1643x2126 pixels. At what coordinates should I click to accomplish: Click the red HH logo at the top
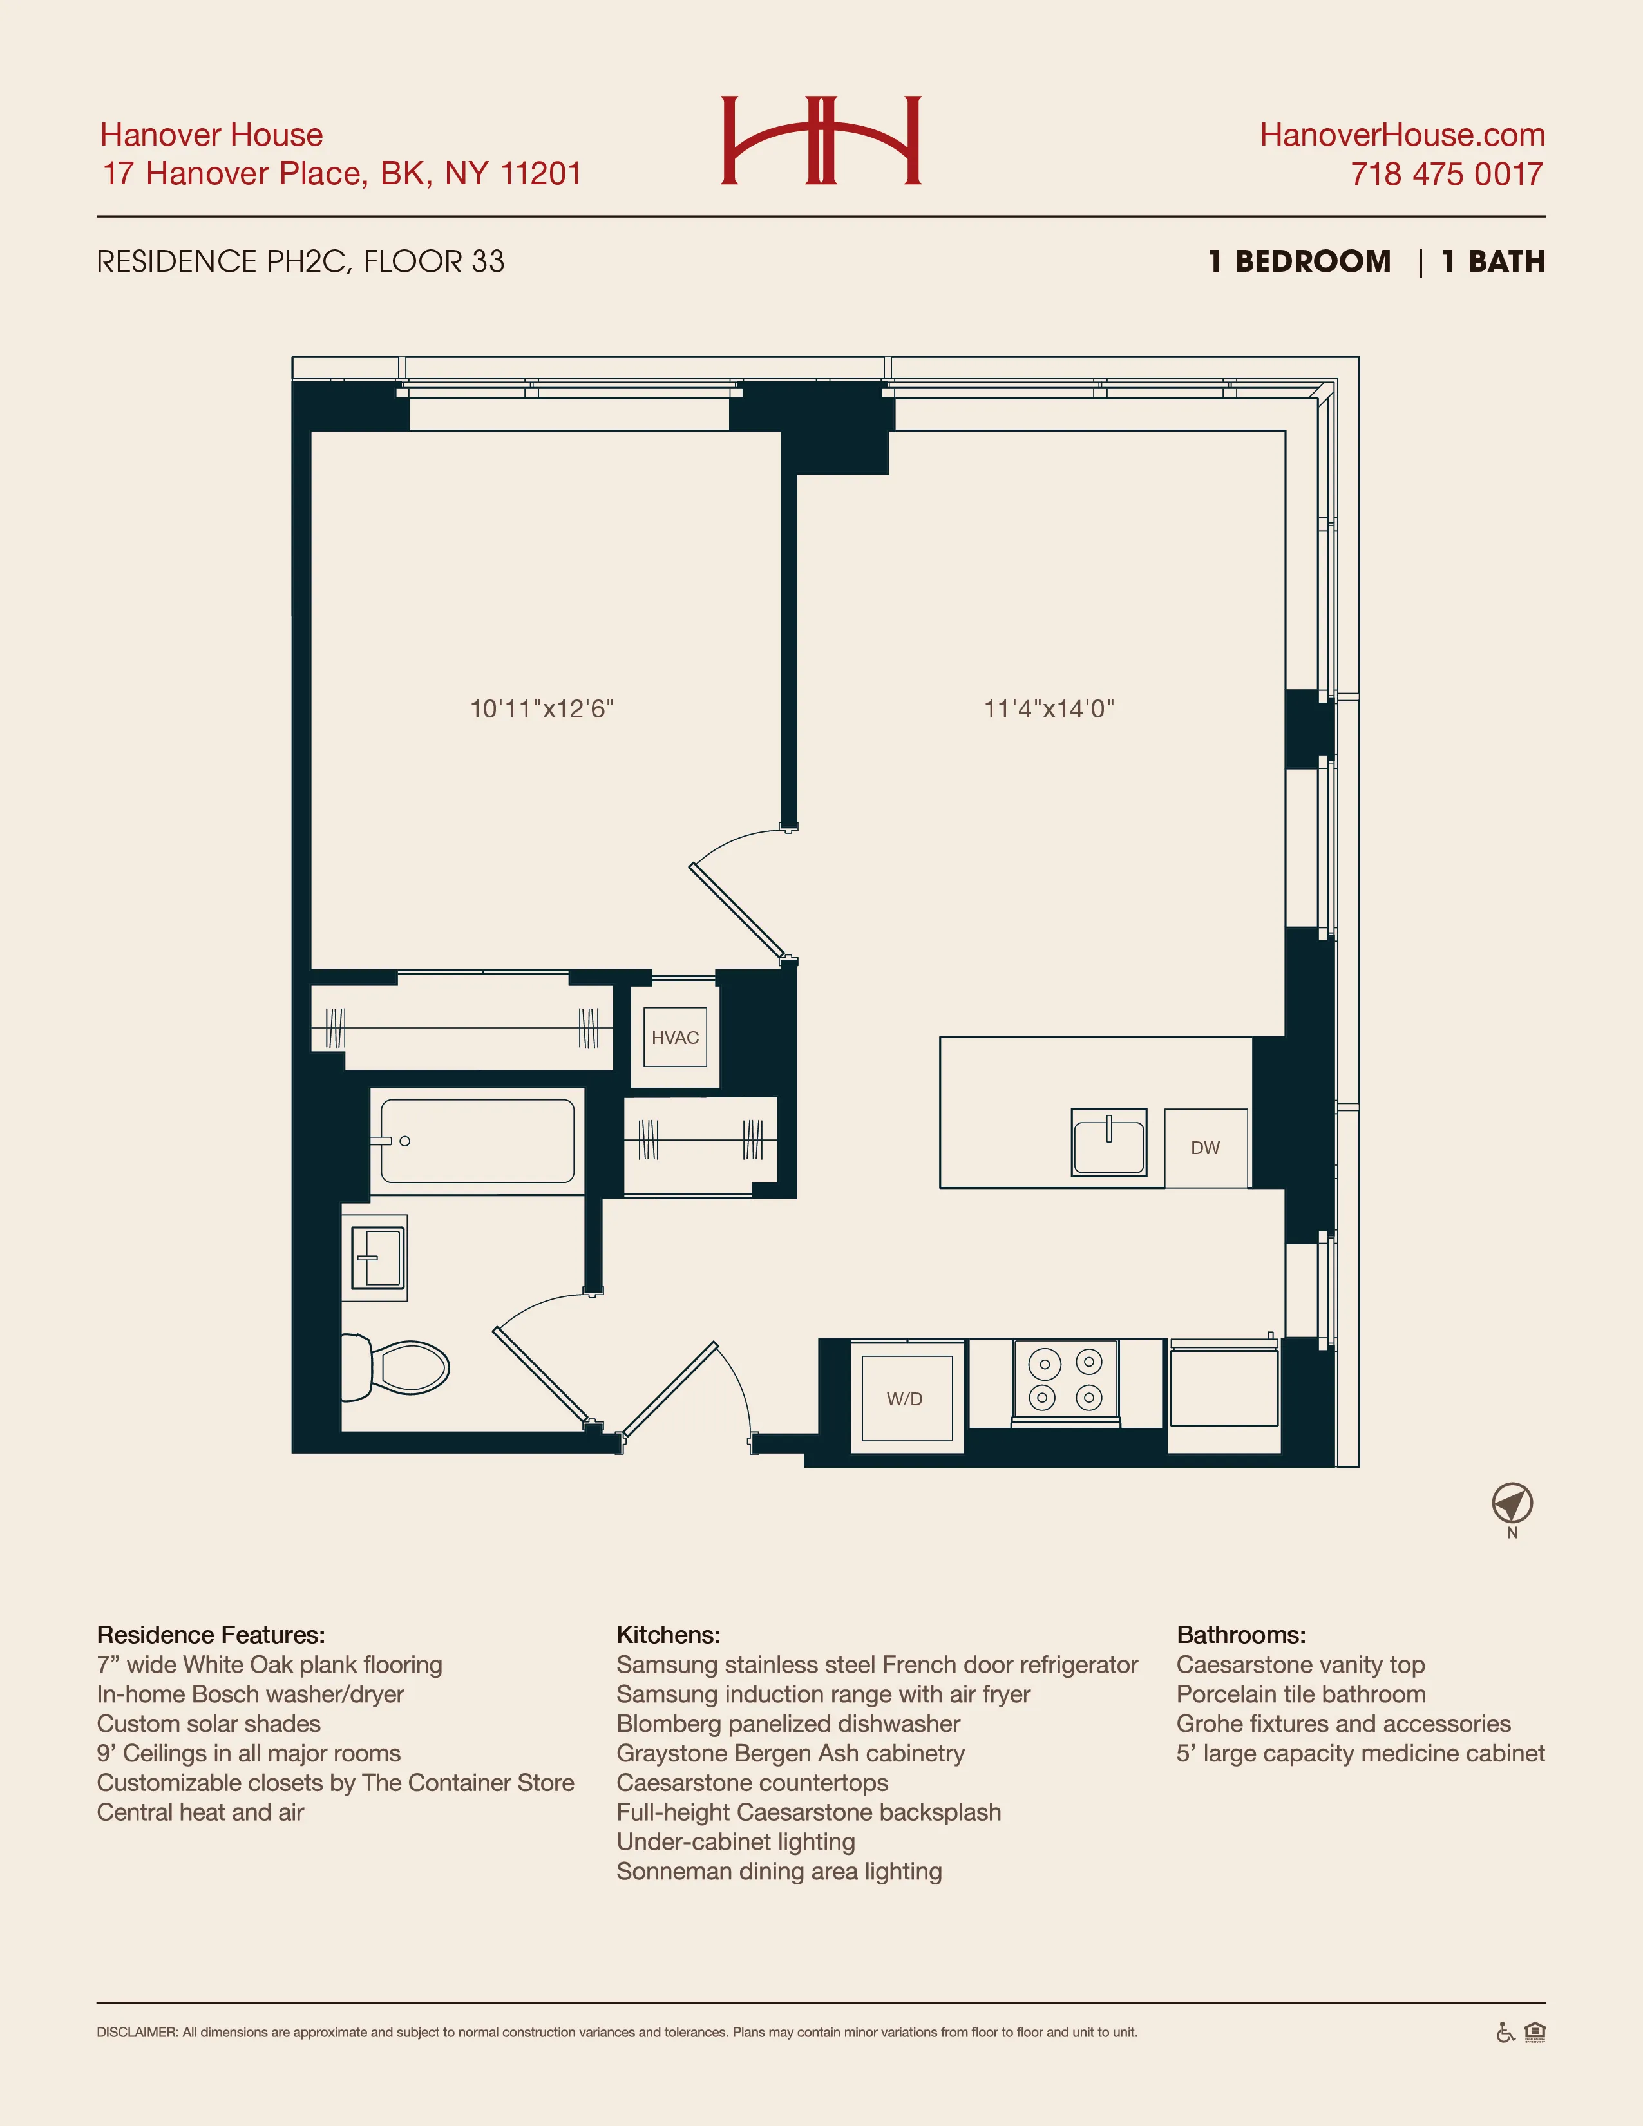click(821, 140)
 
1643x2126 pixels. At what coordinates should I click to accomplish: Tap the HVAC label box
click(674, 1038)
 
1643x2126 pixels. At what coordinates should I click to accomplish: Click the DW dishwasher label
click(1205, 1148)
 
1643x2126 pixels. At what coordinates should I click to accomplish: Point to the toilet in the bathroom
click(399, 1367)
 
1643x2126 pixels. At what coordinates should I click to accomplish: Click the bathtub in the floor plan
click(477, 1141)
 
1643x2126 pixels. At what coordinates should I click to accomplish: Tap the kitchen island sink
click(1108, 1142)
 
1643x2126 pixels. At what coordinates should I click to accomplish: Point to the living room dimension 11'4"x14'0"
click(1049, 708)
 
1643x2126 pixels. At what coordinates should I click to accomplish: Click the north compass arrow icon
click(1512, 1504)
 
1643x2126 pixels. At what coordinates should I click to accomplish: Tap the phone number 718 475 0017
click(1447, 175)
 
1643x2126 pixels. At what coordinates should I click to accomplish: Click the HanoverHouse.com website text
click(1401, 135)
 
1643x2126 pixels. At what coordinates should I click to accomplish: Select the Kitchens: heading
click(668, 1635)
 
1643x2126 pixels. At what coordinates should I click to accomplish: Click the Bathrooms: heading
click(1241, 1635)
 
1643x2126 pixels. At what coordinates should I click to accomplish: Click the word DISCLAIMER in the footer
click(137, 2033)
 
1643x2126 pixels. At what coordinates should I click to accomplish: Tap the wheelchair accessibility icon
click(1505, 2033)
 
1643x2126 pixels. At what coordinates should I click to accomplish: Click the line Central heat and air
click(200, 1812)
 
